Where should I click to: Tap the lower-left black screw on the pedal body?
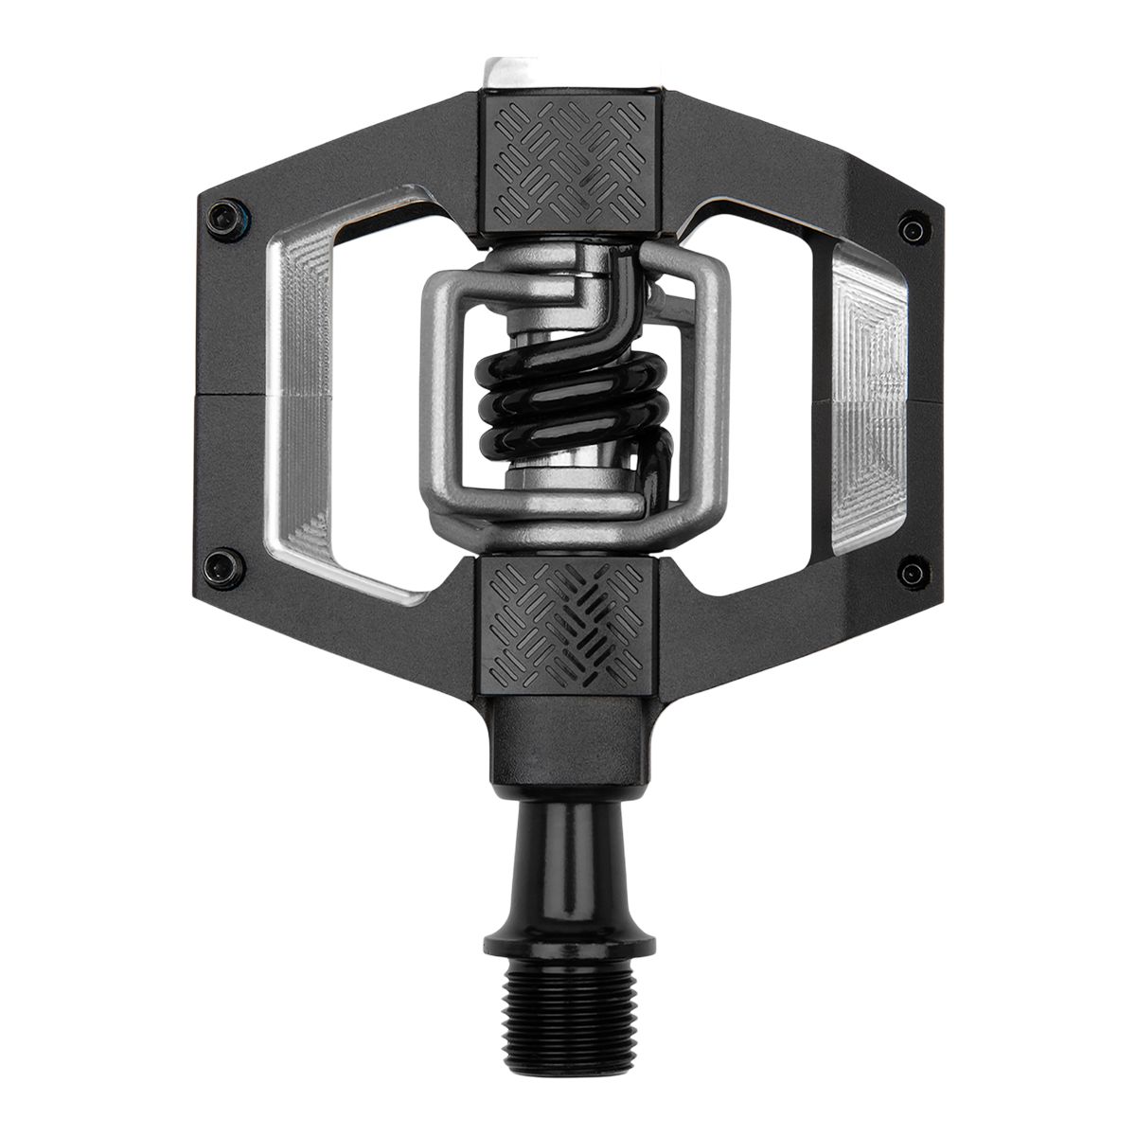[222, 559]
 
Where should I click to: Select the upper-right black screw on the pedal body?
[913, 228]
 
